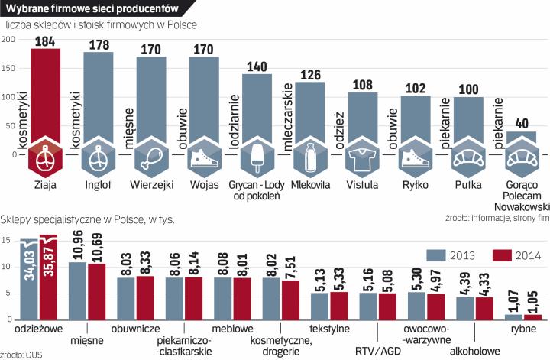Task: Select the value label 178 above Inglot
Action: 98,44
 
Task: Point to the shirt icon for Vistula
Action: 362,158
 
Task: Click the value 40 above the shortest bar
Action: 521,123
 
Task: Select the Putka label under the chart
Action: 467,184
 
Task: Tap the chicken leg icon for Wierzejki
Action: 150,158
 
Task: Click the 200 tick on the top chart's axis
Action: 8,40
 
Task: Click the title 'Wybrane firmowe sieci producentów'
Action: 92,8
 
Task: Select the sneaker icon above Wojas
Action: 203,158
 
